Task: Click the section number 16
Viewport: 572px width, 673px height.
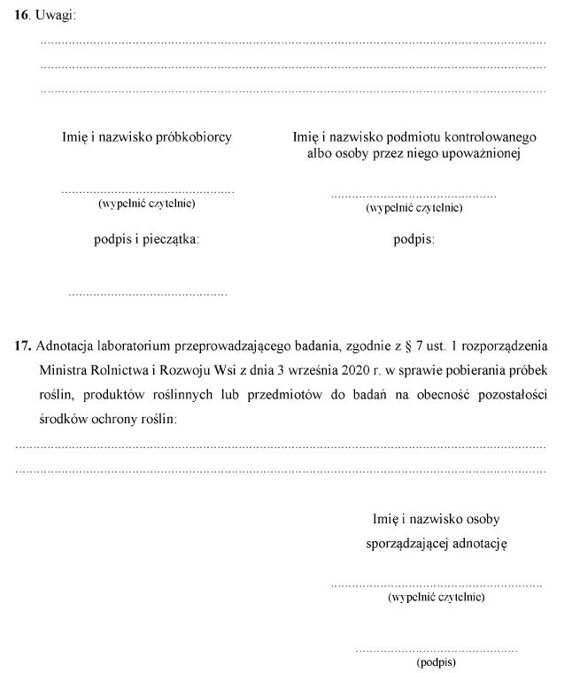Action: [x=22, y=15]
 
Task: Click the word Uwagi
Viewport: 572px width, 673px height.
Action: [x=58, y=15]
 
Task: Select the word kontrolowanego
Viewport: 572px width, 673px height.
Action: [x=491, y=137]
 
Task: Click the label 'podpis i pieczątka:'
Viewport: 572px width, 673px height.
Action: [x=146, y=239]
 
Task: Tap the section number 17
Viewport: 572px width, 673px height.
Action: [x=23, y=345]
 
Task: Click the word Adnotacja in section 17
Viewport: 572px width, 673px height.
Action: [x=68, y=345]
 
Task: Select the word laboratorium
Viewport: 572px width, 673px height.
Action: [x=145, y=345]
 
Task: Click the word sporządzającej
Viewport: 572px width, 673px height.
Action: [x=409, y=543]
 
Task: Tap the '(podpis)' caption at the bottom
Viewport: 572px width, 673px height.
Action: [x=436, y=661]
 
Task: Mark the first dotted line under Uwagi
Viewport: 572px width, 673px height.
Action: [x=293, y=43]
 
